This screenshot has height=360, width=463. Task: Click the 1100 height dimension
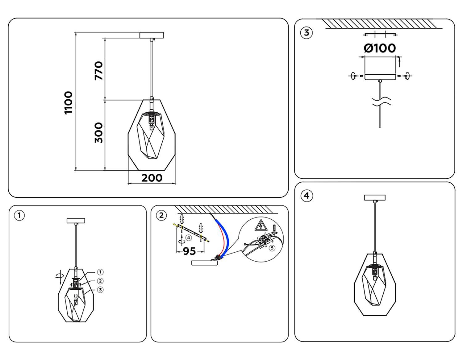point(68,103)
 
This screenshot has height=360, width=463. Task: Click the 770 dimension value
point(98,71)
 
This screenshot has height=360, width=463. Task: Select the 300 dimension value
point(98,133)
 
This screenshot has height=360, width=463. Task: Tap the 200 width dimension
point(152,178)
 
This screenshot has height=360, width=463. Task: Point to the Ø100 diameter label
point(380,48)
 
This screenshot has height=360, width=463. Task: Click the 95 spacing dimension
point(189,251)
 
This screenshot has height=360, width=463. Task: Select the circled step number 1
point(19,215)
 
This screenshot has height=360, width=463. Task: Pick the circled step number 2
point(161,215)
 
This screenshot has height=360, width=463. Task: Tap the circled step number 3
point(307,33)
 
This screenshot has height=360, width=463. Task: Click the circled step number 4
point(307,196)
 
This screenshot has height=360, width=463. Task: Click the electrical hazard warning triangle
point(261,226)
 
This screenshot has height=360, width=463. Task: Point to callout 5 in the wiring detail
point(272,248)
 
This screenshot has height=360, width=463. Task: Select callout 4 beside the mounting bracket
point(189,238)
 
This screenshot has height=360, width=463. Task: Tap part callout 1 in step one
point(100,272)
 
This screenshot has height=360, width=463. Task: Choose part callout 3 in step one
point(100,290)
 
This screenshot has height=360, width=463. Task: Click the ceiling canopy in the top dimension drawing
point(151,35)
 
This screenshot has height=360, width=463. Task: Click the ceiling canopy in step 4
point(375,197)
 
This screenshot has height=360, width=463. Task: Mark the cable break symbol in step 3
point(381,101)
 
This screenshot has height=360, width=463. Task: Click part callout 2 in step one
point(100,281)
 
